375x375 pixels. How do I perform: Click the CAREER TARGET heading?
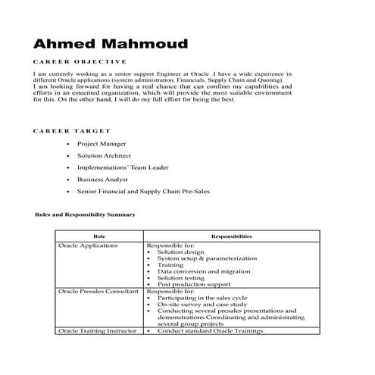click(72, 131)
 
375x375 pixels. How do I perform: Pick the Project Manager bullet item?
click(102, 143)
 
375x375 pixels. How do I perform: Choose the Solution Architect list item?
click(104, 155)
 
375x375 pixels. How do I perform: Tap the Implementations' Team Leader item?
click(123, 167)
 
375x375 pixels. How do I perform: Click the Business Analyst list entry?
click(100, 180)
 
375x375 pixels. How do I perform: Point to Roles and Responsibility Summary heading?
click(86, 214)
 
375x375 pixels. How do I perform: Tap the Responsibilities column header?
click(232, 237)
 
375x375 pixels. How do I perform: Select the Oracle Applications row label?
click(89, 246)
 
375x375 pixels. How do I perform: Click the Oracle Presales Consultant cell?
click(98, 291)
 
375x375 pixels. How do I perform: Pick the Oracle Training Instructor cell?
click(98, 331)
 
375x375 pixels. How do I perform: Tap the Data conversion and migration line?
click(204, 271)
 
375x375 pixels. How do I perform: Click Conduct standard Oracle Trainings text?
click(211, 331)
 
